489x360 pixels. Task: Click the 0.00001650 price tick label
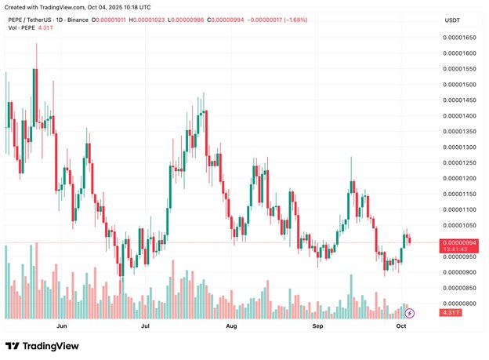click(x=460, y=38)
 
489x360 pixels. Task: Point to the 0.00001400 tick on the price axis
click(x=460, y=116)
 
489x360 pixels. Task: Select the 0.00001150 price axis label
click(x=460, y=194)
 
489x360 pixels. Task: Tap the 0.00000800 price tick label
click(x=460, y=304)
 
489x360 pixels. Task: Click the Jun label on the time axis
click(x=62, y=324)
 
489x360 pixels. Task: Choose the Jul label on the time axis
click(x=145, y=324)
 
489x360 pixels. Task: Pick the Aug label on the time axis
click(x=231, y=324)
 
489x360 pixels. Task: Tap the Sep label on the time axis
click(x=317, y=324)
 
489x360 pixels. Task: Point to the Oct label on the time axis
click(x=401, y=324)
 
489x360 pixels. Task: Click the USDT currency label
click(x=452, y=20)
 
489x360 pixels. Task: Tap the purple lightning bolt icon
click(x=408, y=313)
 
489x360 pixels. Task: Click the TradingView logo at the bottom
click(x=38, y=346)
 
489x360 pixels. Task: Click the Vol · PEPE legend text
click(x=21, y=29)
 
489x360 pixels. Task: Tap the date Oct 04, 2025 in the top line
click(x=107, y=8)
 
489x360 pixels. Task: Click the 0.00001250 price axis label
click(x=460, y=162)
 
